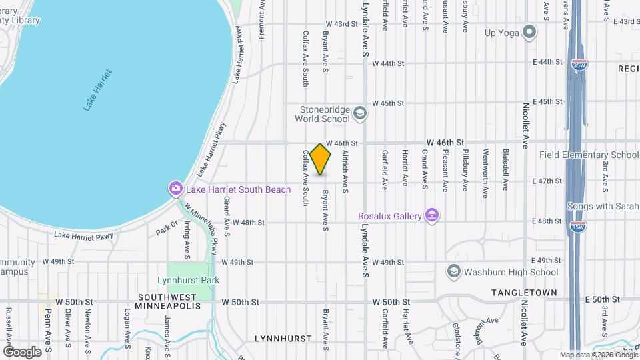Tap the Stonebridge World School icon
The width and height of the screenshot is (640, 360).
(x=360, y=113)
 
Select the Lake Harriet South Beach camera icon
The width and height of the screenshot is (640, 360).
(x=175, y=189)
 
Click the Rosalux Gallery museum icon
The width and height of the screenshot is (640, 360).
(x=433, y=215)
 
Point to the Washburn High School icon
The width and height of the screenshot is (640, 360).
(x=454, y=271)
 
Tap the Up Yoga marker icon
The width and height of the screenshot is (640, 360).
(x=530, y=32)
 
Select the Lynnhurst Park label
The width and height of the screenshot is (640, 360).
(x=189, y=280)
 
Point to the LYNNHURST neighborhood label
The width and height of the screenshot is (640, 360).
(x=283, y=339)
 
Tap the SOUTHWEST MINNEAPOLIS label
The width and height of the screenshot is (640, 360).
(x=167, y=301)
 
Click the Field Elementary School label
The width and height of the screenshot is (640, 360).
(x=589, y=155)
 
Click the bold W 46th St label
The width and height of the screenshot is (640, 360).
(x=445, y=143)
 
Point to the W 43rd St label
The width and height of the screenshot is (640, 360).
(x=341, y=24)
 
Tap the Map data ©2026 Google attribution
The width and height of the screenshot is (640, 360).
(x=597, y=355)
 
